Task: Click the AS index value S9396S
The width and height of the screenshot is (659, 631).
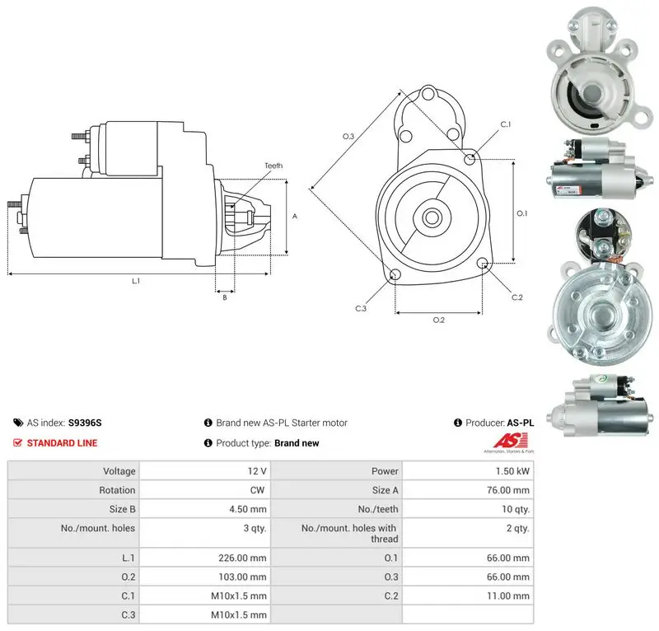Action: click(x=85, y=423)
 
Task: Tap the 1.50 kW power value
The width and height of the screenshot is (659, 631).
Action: click(x=512, y=471)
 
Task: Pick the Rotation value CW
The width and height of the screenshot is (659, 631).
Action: click(x=257, y=490)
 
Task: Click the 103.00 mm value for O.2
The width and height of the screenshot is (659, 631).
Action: click(x=242, y=577)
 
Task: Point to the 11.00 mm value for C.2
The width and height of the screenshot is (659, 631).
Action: click(x=507, y=596)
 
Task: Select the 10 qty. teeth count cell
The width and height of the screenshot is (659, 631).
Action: click(x=516, y=510)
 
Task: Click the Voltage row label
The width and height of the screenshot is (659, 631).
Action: click(x=119, y=471)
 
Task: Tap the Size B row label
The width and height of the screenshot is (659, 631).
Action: click(x=122, y=509)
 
